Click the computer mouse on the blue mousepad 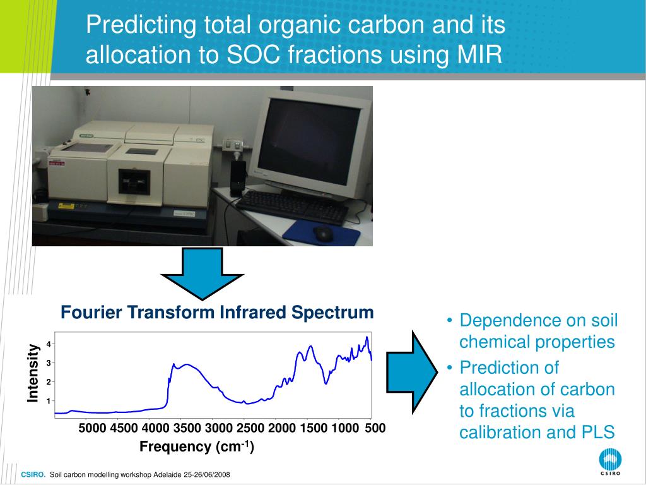pyautogui.click(x=324, y=234)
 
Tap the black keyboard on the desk pyautogui.click(x=293, y=207)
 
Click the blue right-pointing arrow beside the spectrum pyautogui.click(x=412, y=371)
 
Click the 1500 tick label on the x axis pyautogui.click(x=314, y=428)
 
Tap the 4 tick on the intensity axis pyautogui.click(x=48, y=344)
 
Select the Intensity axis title pyautogui.click(x=33, y=373)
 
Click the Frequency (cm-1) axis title pyautogui.click(x=197, y=446)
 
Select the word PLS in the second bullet pyautogui.click(x=598, y=432)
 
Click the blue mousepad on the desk pyautogui.click(x=321, y=233)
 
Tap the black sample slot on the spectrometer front pyautogui.click(x=134, y=182)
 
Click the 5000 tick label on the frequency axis pyautogui.click(x=92, y=428)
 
